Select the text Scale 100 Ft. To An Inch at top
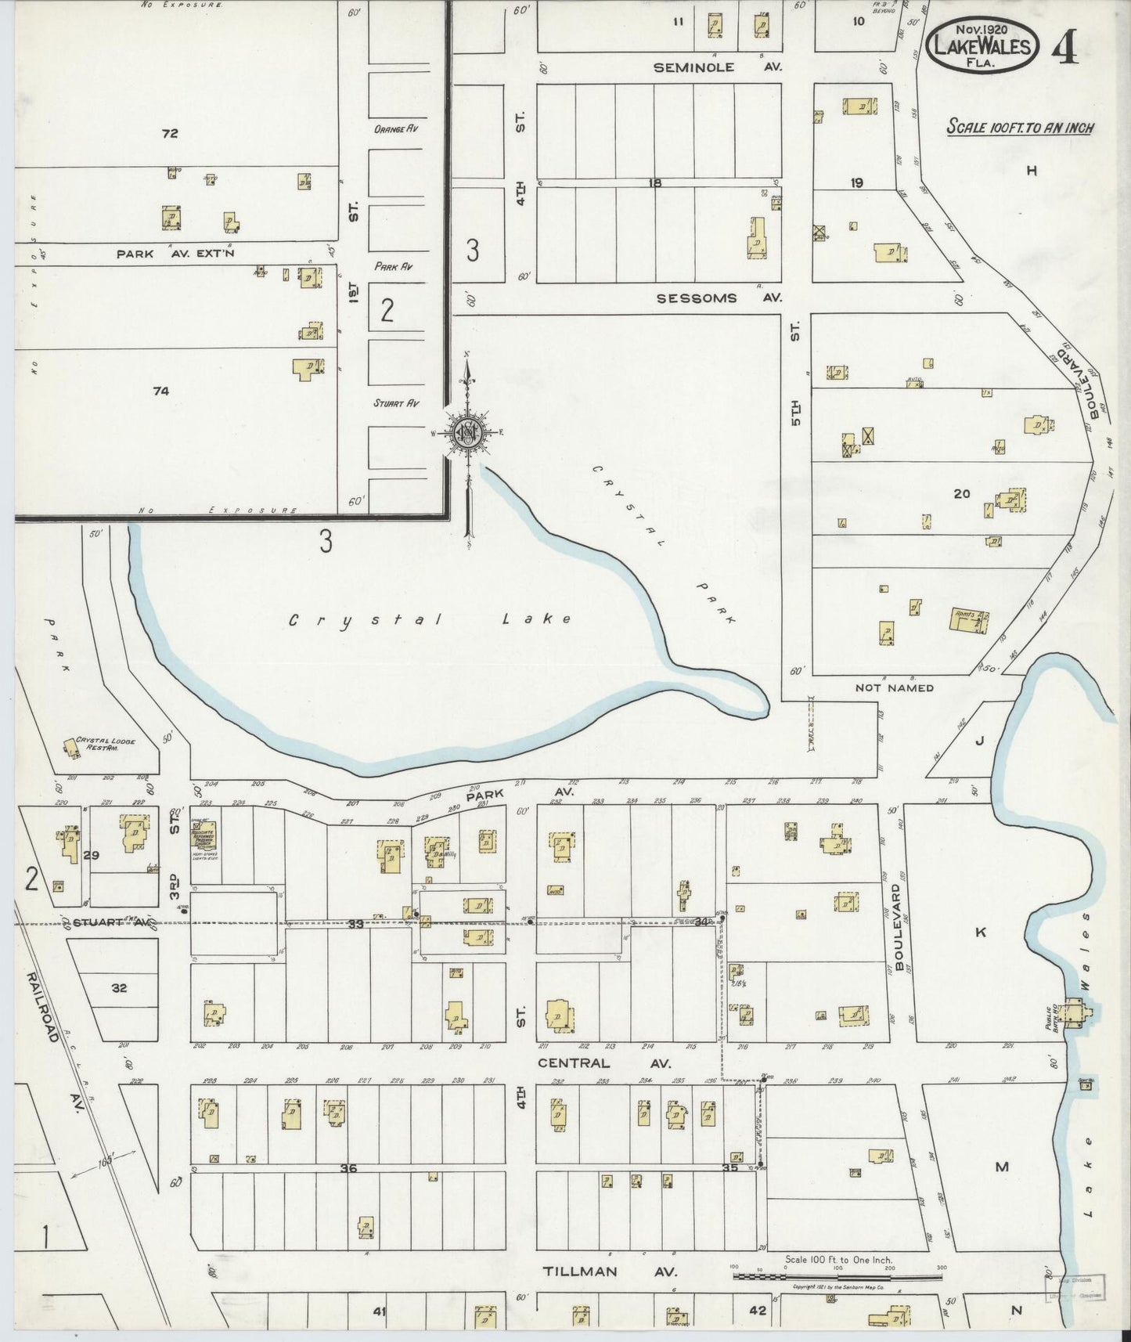click(1021, 128)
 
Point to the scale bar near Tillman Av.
click(837, 1276)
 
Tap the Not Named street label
click(895, 688)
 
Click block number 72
click(169, 134)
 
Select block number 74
click(160, 391)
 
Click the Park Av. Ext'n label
click(175, 254)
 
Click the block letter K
click(979, 932)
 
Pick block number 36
click(348, 1168)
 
